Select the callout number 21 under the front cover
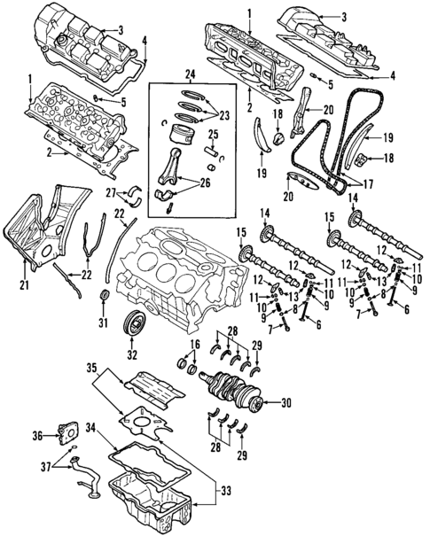(x=25, y=285)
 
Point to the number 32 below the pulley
(x=134, y=355)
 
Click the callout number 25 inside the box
(x=213, y=134)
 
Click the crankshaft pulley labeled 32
(x=135, y=324)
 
